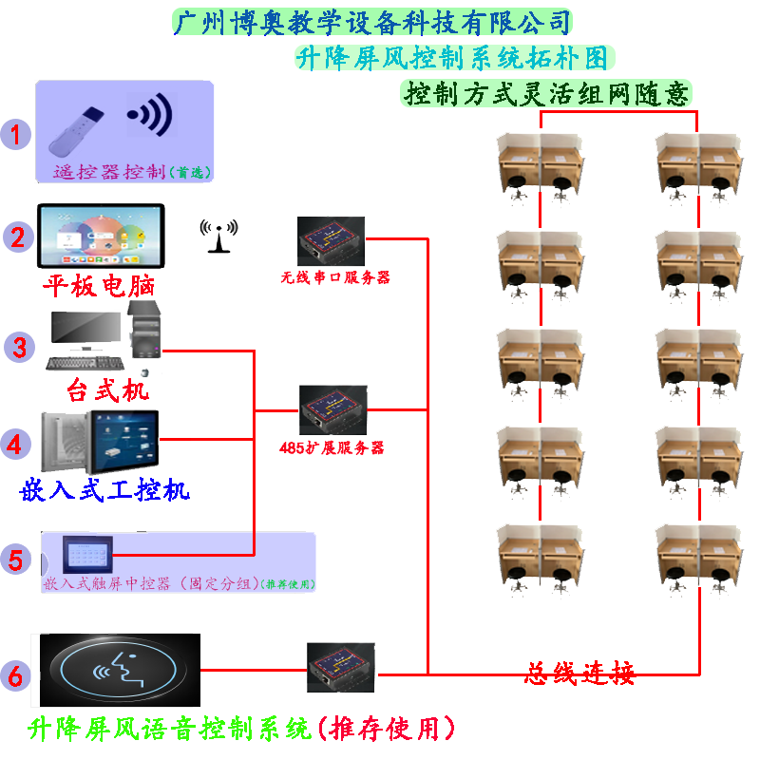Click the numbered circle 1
coord(15,132)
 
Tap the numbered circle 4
coord(17,442)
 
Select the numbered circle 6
coord(16,675)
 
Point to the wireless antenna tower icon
coord(219,237)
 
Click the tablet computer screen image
coord(101,236)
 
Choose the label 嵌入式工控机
coord(104,489)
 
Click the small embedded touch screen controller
coord(87,553)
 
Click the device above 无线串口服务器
coord(330,241)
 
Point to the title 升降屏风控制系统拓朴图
coord(452,58)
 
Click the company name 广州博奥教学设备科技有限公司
coord(372,22)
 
